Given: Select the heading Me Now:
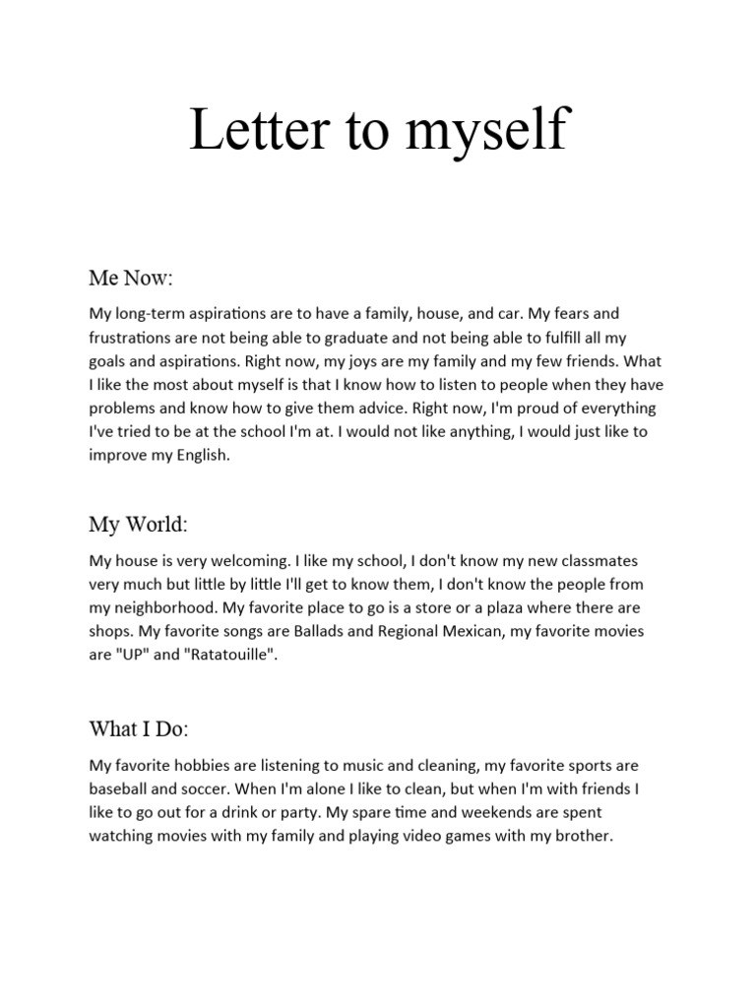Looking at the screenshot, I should pos(131,279).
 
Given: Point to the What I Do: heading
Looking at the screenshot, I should pos(139,729).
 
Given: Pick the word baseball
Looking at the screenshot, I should pos(119,788).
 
